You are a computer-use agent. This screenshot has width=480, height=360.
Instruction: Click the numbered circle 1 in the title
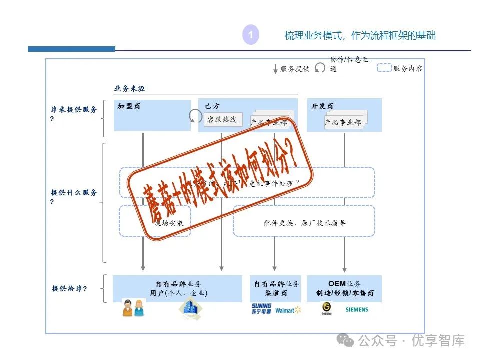[251, 35]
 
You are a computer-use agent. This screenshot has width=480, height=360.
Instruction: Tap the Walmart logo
[288, 310]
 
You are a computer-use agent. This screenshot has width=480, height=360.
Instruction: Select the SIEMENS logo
[357, 310]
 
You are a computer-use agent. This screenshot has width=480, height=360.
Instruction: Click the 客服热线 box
[222, 119]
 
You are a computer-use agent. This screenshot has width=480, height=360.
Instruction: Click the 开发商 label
[322, 106]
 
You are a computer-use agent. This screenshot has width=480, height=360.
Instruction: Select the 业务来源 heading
[129, 89]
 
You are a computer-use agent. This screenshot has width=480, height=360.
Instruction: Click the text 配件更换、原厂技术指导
[305, 223]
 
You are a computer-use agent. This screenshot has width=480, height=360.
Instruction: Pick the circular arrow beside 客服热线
[195, 117]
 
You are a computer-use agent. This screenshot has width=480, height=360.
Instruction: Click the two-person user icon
[133, 308]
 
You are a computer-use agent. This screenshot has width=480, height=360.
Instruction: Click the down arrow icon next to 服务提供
[275, 69]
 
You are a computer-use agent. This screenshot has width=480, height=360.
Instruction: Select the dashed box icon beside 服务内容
[384, 68]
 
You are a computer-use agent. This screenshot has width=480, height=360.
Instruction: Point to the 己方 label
[212, 106]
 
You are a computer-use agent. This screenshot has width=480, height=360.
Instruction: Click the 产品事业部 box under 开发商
[343, 122]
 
